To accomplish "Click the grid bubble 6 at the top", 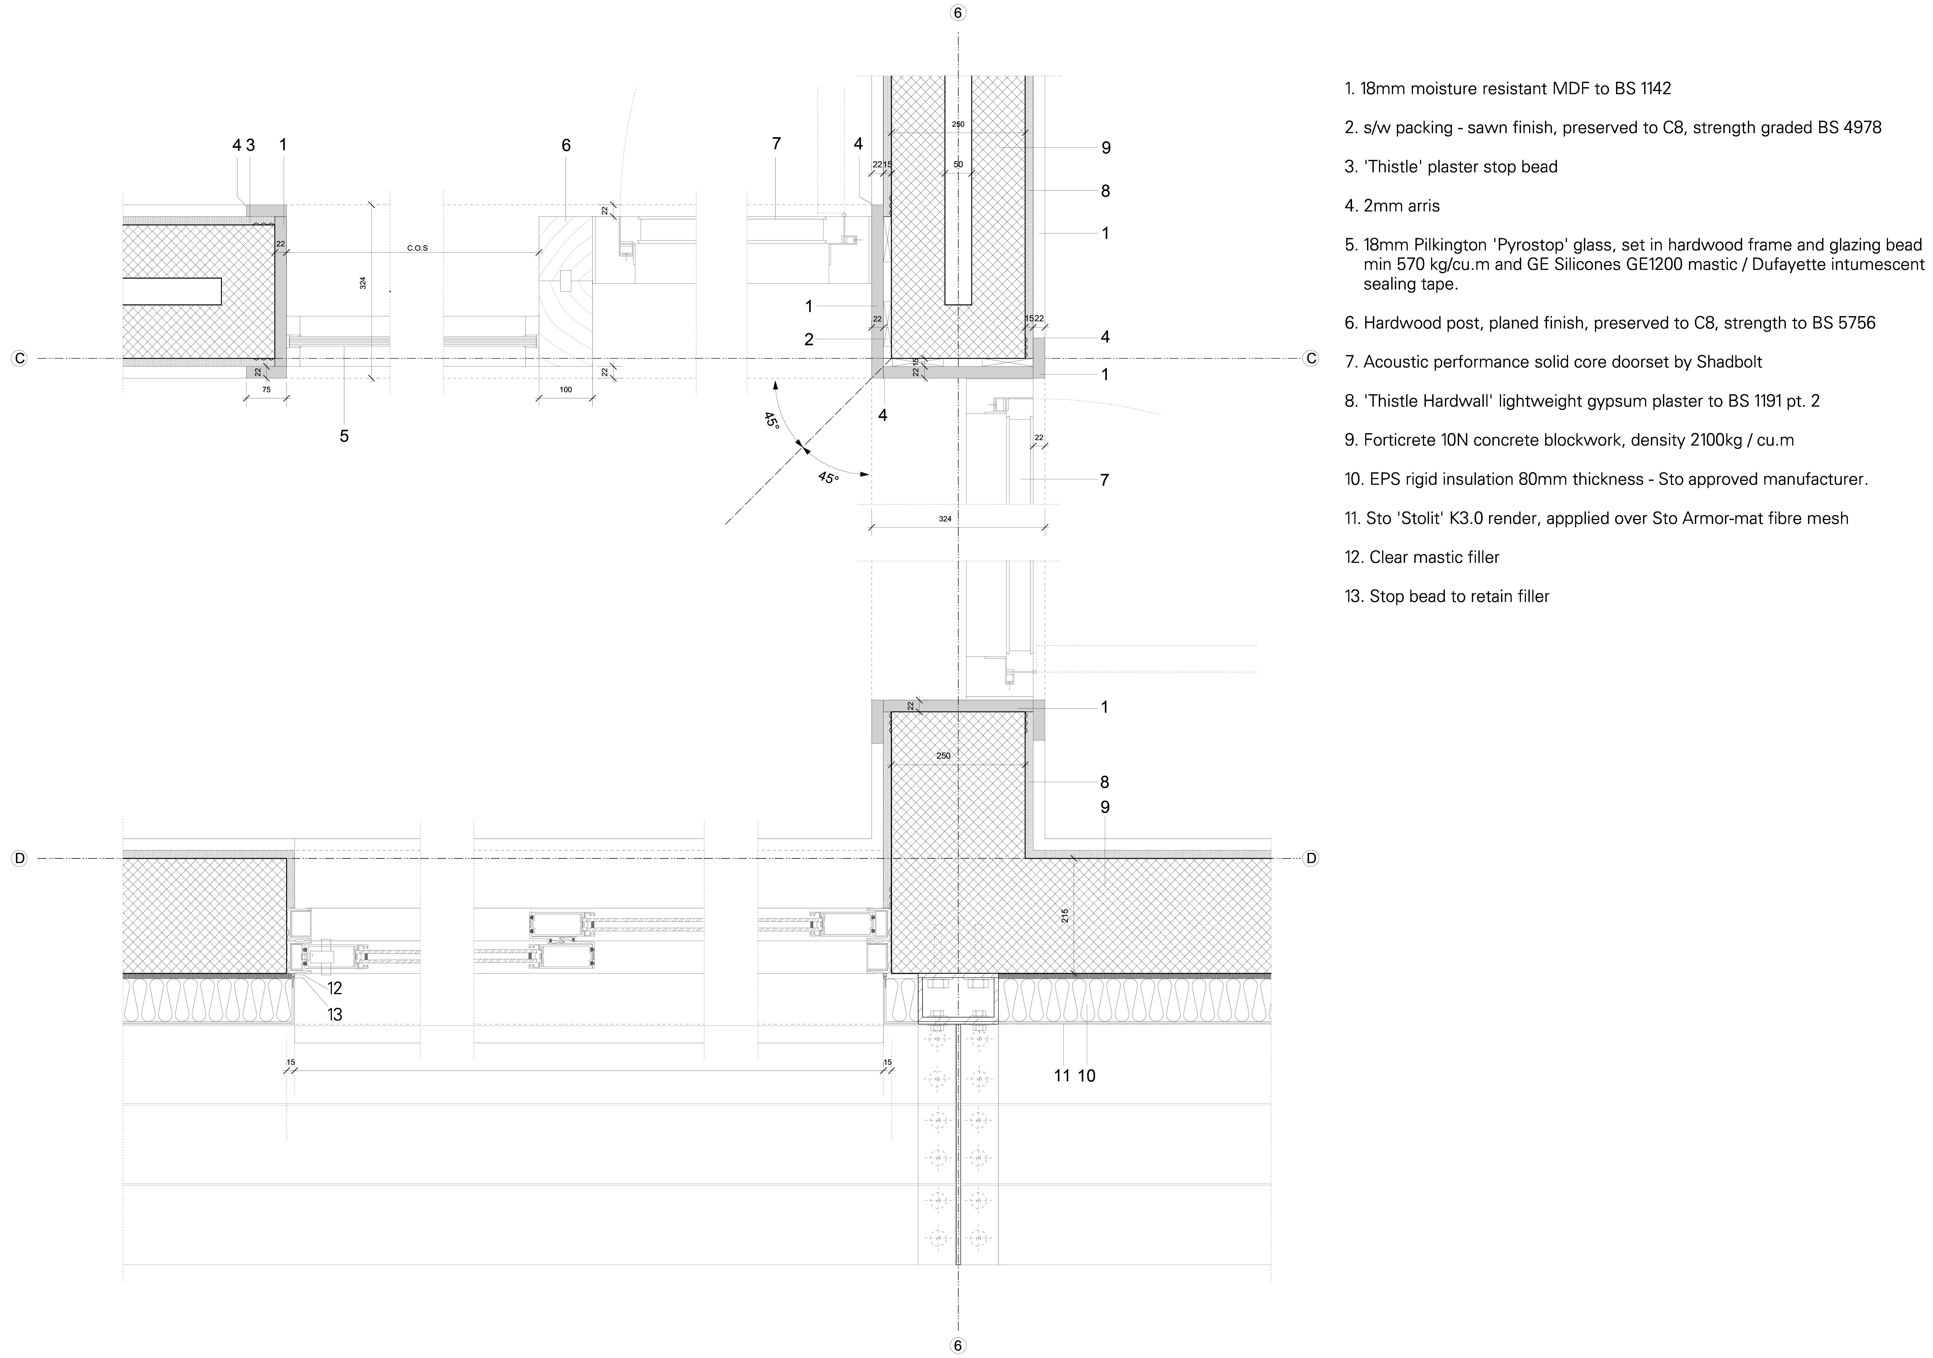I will pos(958,13).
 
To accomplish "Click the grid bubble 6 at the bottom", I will pos(958,1345).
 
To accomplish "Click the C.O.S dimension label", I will pos(417,248).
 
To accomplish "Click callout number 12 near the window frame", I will pos(334,989).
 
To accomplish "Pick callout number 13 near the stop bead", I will pos(334,1015).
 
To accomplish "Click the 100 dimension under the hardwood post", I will pos(566,390).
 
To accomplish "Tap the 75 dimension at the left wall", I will pos(266,390).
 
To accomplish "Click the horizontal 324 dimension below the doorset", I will pos(945,519).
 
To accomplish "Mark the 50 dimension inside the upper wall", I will pos(958,164).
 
